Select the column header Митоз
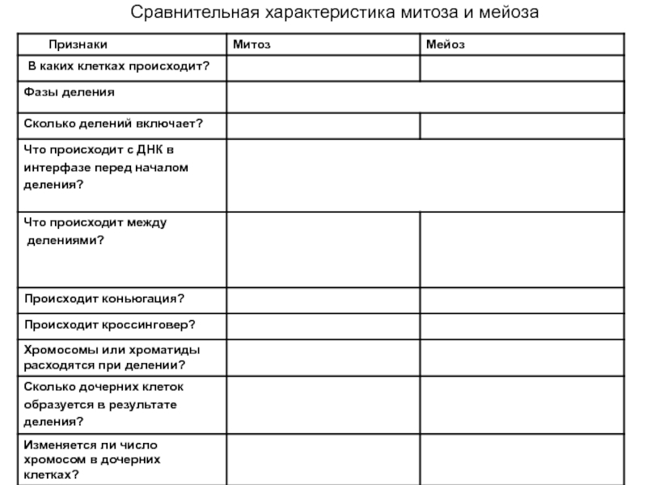pos(252,44)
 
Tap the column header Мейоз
pos(446,44)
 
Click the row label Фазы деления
pos(69,91)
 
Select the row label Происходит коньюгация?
pos(104,299)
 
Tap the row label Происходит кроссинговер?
pos(109,325)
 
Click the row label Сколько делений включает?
pos(112,123)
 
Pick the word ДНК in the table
pos(151,150)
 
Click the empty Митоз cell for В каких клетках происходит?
pos(322,69)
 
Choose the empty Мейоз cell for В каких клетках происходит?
pos(522,69)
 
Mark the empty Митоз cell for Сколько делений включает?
pos(322,126)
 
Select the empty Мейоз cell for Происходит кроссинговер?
pos(522,326)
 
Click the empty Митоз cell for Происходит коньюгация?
pos(322,300)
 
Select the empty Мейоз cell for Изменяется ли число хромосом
pos(522,459)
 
